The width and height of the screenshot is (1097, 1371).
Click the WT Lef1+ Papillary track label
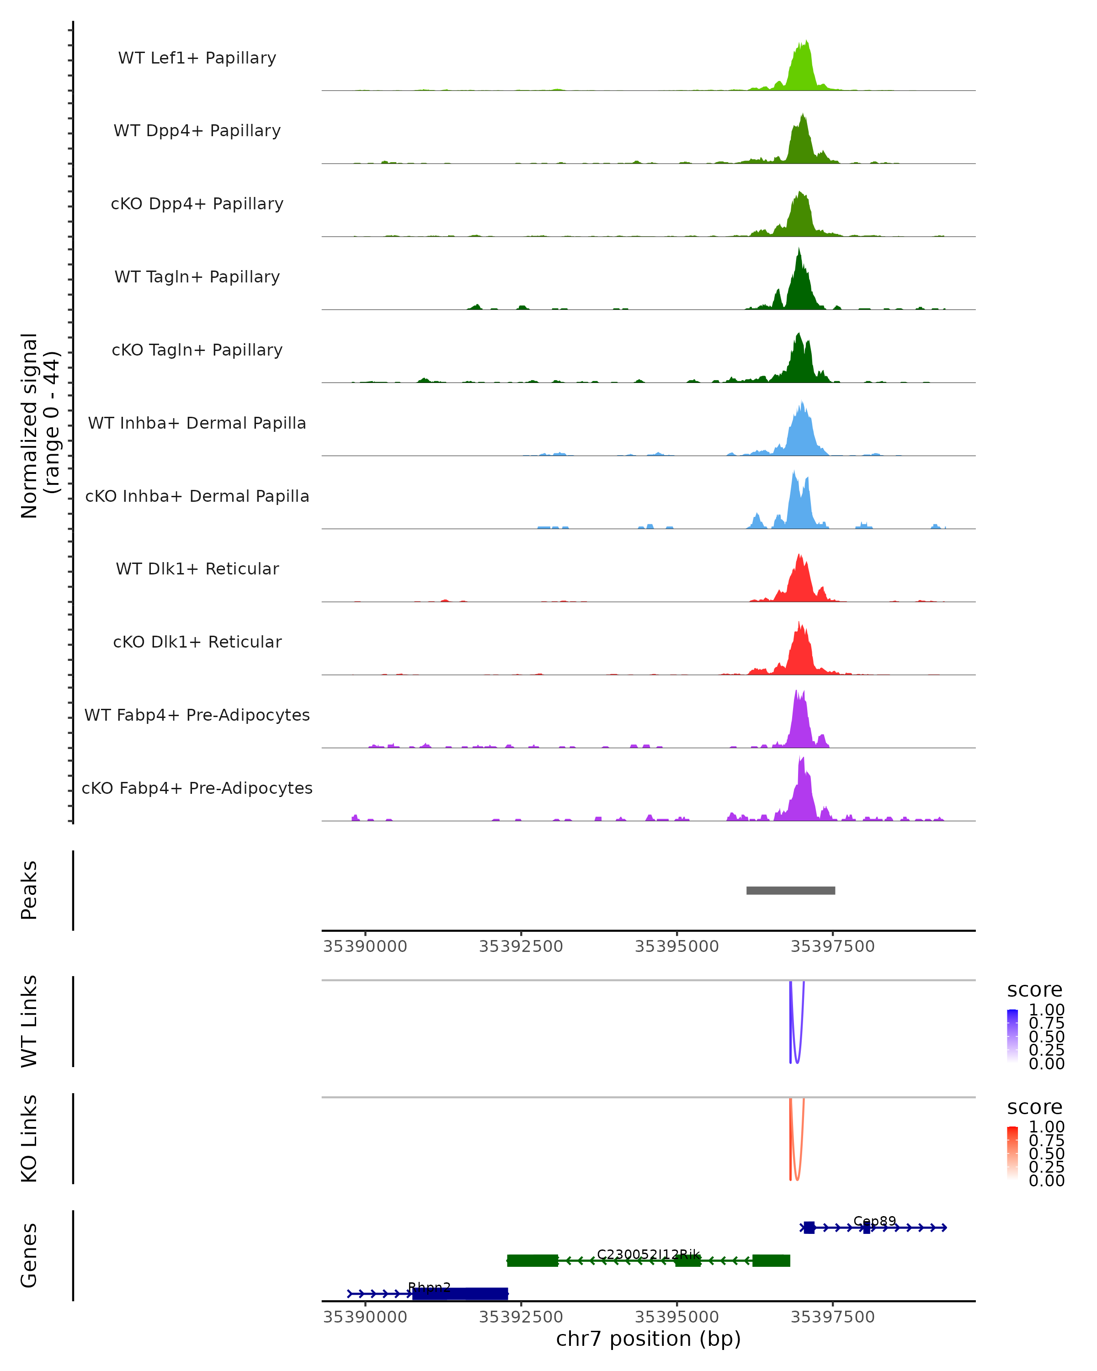pos(197,58)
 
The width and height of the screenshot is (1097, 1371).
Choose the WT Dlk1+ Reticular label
pos(197,569)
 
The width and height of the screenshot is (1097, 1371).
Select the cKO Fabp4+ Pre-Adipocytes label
pos(197,788)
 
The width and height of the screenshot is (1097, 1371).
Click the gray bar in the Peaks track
pos(790,890)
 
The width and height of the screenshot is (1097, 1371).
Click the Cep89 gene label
pos(874,1222)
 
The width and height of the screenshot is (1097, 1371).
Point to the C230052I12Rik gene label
pos(648,1254)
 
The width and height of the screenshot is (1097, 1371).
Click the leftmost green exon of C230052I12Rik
pos(533,1260)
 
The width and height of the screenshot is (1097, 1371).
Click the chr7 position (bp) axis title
pos(648,1339)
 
